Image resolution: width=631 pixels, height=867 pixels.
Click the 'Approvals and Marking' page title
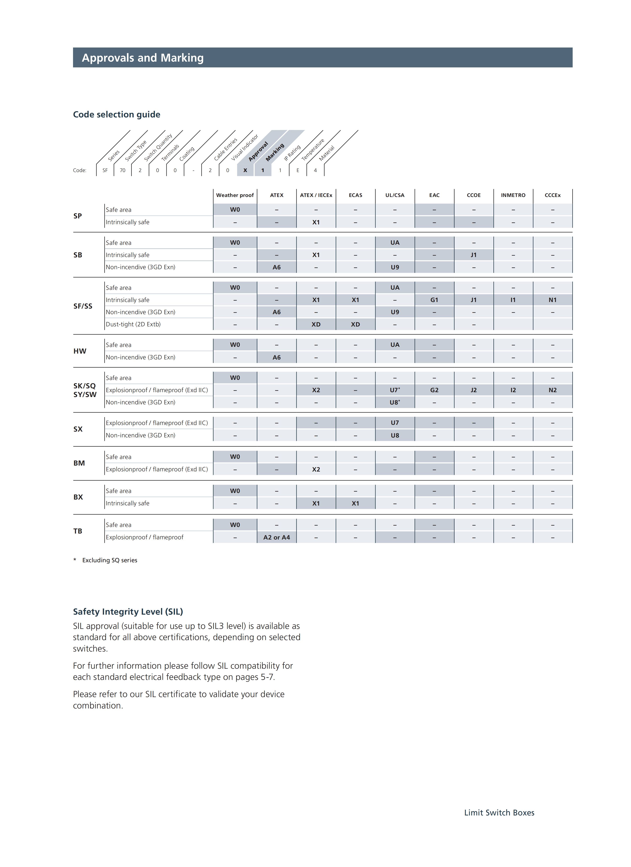pos(143,58)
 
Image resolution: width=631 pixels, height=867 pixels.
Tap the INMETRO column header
pos(513,195)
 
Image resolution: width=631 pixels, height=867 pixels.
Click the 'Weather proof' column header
pos(235,195)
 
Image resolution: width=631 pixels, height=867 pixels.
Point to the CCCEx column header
pos(552,195)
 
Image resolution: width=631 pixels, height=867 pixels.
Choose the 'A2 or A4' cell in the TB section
pos(276,537)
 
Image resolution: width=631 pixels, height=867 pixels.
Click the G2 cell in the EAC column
pos(434,390)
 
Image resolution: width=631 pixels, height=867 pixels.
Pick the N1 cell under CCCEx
pos(552,300)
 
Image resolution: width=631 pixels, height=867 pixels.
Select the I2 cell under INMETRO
pos(513,390)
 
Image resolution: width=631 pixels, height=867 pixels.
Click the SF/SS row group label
pos(83,306)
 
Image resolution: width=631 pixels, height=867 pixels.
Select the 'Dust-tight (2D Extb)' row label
pos(133,324)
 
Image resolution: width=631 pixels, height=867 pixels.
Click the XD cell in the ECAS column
pos(355,324)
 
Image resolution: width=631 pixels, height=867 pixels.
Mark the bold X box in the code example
pos(245,170)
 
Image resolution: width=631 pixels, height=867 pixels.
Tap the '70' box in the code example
pos(122,170)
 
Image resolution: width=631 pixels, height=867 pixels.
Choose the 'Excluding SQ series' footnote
pos(109,560)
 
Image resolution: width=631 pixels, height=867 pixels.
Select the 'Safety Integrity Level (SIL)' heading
pos(128,612)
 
